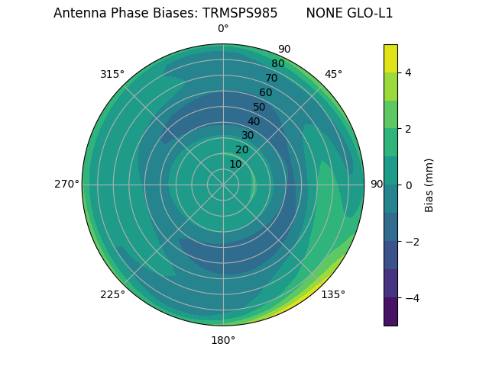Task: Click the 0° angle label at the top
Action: (223, 29)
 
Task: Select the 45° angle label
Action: (333, 74)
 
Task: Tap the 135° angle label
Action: (333, 294)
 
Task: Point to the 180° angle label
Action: (223, 340)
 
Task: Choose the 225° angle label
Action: (112, 294)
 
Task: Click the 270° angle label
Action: (66, 184)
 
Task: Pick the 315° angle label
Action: (112, 74)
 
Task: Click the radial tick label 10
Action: (235, 164)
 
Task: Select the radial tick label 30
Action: (248, 136)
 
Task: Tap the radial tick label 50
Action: (259, 107)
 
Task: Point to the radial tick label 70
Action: (271, 78)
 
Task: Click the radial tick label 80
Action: (277, 63)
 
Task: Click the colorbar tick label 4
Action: (408, 72)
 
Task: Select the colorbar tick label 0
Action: (408, 185)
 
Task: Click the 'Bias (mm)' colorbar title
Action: (429, 185)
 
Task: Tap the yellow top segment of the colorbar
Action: (390, 58)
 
